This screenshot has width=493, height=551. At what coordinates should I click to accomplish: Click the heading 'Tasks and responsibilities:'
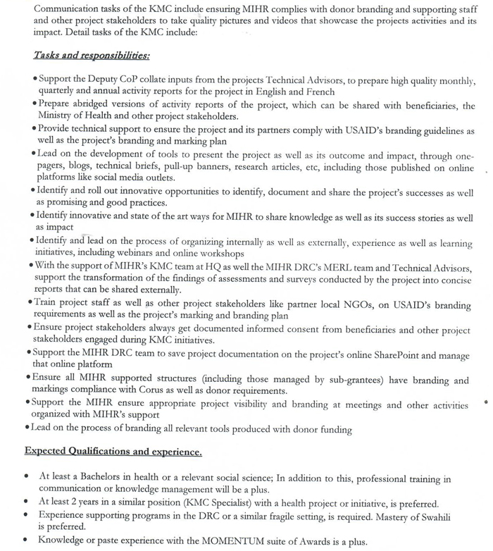click(91, 55)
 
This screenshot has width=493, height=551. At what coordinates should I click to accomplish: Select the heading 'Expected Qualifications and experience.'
click(113, 451)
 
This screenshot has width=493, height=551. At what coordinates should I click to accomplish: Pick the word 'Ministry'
click(58, 116)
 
